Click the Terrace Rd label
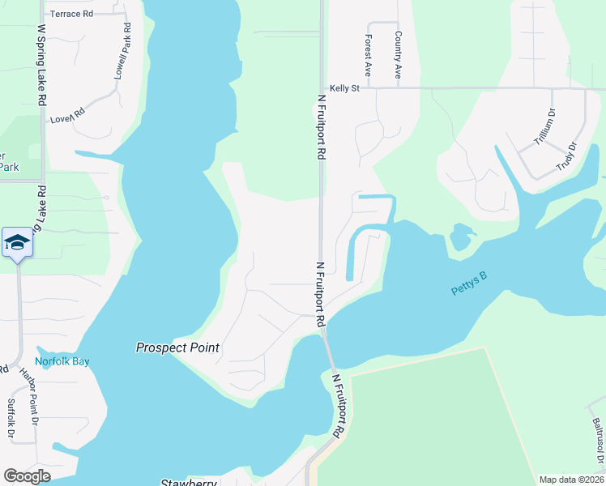click(71, 14)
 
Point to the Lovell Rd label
click(68, 117)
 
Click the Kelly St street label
click(344, 87)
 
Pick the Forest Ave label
click(369, 56)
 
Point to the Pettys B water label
click(468, 283)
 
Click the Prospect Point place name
click(177, 347)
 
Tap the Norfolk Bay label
click(62, 361)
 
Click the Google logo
click(27, 476)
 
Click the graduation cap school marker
click(17, 242)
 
